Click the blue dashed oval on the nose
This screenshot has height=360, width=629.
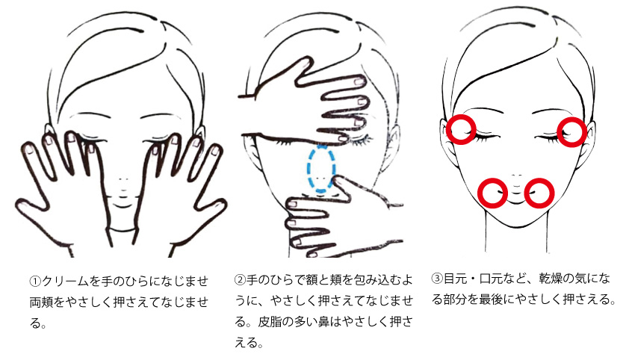[308, 168]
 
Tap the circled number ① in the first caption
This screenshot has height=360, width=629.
[35, 281]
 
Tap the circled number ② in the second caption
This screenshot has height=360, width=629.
[240, 280]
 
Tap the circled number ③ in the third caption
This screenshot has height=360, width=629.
[437, 279]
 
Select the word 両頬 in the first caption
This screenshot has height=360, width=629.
[41, 302]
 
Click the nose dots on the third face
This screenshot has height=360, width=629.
[517, 176]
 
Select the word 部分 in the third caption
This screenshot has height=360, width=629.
[455, 299]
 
